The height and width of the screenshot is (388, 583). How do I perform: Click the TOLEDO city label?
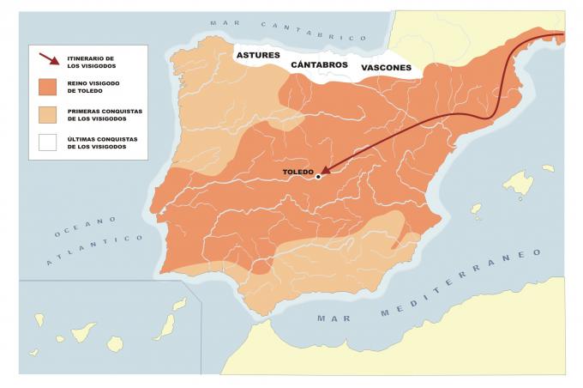(297, 172)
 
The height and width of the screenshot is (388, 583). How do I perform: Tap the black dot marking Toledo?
(318, 177)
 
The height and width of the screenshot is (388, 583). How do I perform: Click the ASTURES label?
(258, 56)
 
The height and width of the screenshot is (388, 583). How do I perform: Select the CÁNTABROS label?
(319, 65)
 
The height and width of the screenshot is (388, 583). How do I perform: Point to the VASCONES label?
(385, 67)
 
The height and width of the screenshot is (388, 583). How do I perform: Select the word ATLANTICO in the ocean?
(94, 251)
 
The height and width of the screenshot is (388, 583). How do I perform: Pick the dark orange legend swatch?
(50, 87)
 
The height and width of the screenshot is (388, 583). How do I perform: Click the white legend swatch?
(50, 142)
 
